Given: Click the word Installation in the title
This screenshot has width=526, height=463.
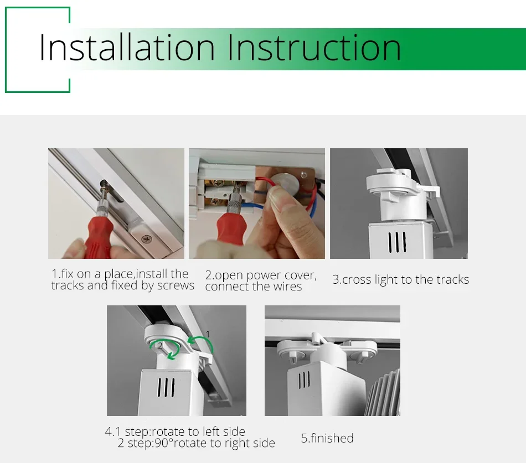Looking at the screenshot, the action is [127, 48].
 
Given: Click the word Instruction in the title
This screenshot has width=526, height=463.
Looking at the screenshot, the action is [314, 48].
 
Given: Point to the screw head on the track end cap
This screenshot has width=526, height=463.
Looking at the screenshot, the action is [146, 239].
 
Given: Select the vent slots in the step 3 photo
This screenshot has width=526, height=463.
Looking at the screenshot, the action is [397, 242].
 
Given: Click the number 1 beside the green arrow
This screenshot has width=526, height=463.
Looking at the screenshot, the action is [208, 334].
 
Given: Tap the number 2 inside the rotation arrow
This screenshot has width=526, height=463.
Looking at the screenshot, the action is [161, 345].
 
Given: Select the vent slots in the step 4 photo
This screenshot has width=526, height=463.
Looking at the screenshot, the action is [166, 387].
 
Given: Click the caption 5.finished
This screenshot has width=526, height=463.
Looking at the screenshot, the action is [327, 438].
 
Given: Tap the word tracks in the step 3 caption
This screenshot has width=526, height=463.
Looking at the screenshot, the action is [452, 279].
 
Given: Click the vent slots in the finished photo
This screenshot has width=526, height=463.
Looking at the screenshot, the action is [304, 380].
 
